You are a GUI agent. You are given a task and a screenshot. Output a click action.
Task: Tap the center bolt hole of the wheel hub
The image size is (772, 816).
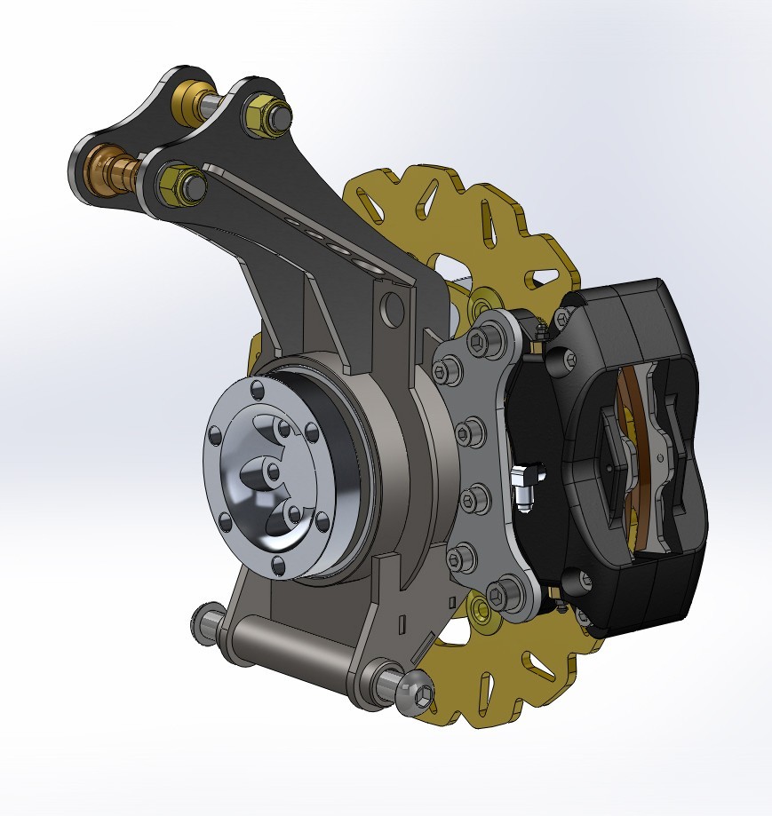coord(273,471)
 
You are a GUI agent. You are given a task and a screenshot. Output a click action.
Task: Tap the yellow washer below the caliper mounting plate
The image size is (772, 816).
coord(482,607)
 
